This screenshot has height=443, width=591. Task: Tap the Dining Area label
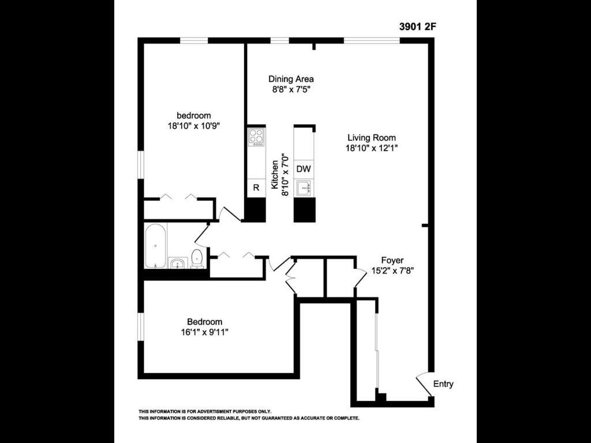[291, 79]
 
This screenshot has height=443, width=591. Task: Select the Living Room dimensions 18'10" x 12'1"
[372, 148]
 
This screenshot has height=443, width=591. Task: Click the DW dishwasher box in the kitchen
[304, 170]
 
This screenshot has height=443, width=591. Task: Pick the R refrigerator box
[256, 187]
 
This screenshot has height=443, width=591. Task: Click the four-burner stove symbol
[256, 137]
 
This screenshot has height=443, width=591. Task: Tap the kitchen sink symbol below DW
[304, 187]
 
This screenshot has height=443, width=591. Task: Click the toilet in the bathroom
[197, 258]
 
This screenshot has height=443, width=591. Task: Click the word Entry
[443, 384]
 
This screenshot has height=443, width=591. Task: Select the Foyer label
[392, 261]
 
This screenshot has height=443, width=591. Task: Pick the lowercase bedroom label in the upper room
[193, 115]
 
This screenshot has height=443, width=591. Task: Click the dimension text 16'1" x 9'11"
[204, 332]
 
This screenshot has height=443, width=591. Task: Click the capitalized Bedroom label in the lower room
[204, 322]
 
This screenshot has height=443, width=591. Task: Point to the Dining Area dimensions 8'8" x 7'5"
[291, 89]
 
